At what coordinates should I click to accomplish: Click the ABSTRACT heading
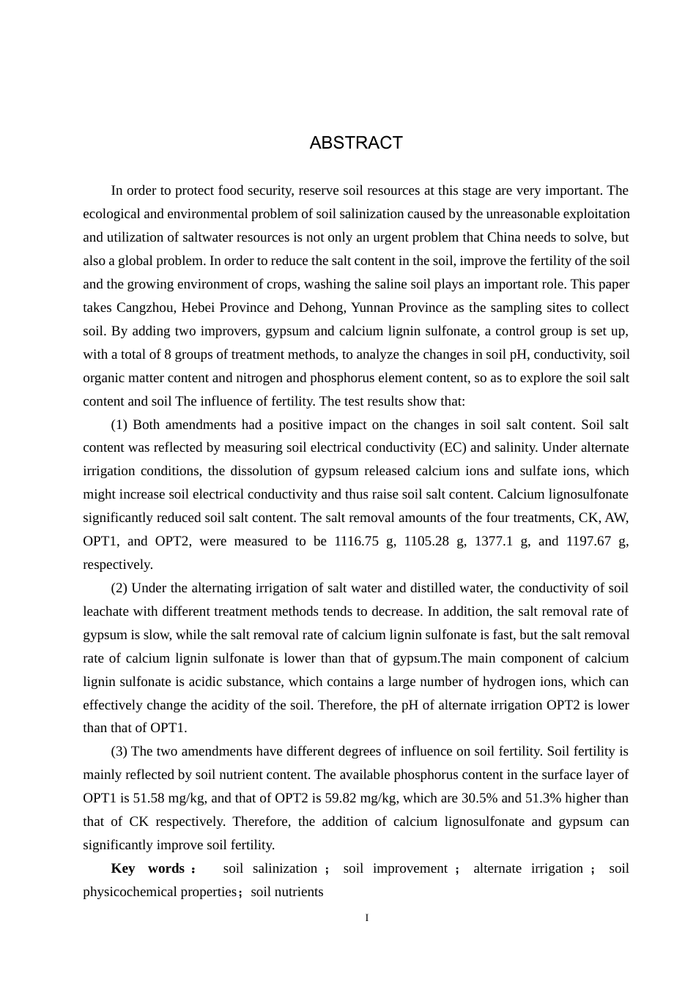pos(356,143)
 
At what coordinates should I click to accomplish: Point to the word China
pos(505,237)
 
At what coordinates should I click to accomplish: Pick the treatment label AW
pos(615,518)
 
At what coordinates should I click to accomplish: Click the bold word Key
pos(123,868)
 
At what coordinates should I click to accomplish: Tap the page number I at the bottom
pos(367,918)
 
